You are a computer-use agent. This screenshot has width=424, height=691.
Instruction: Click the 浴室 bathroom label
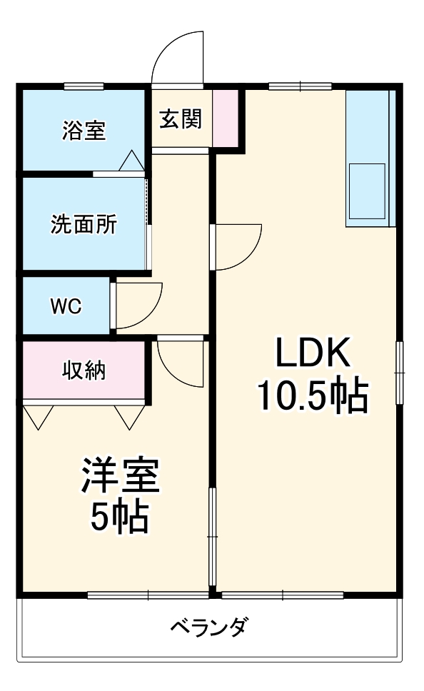84,131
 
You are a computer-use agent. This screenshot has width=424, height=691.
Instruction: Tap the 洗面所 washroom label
84,224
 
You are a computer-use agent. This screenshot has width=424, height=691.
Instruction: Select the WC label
66,306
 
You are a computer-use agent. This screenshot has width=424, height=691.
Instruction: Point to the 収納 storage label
84,370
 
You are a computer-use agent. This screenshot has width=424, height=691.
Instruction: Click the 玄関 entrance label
181,118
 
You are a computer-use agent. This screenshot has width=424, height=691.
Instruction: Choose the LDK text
313,352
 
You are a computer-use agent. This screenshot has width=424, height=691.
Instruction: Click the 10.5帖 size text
313,395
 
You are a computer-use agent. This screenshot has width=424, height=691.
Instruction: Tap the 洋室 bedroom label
120,476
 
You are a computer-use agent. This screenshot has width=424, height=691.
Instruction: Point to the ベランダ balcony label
210,627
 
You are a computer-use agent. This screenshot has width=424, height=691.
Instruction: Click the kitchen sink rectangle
367,191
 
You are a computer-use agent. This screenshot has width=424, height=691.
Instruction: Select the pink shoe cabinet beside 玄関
226,118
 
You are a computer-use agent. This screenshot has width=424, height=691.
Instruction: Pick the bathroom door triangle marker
131,161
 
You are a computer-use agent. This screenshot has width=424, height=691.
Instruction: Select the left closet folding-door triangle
39,417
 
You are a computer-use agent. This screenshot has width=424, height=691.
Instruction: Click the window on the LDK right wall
399,373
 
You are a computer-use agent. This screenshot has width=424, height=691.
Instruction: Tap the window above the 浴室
84,86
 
